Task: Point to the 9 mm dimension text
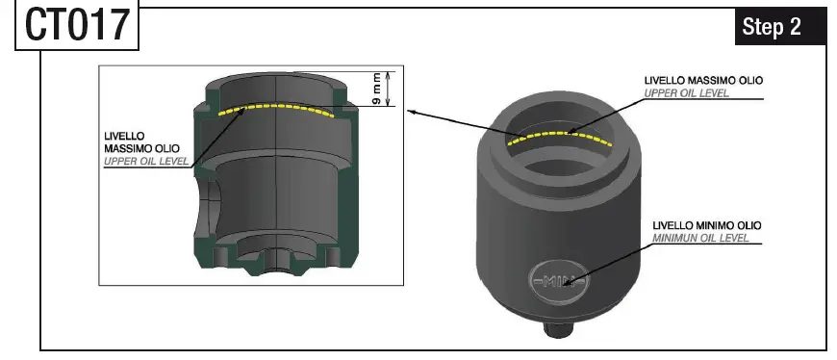[377, 90]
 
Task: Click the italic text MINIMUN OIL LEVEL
[700, 237]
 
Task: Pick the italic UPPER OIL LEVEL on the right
[685, 92]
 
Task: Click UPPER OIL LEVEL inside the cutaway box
[146, 162]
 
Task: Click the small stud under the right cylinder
[558, 329]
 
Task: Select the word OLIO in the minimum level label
[746, 225]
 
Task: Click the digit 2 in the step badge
[795, 27]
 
